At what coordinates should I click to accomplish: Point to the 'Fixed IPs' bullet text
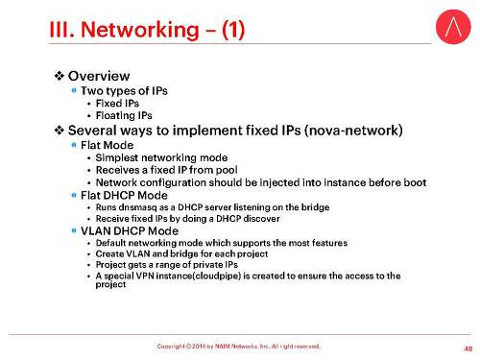click(x=120, y=102)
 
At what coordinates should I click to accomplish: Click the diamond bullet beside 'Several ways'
click(x=59, y=129)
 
